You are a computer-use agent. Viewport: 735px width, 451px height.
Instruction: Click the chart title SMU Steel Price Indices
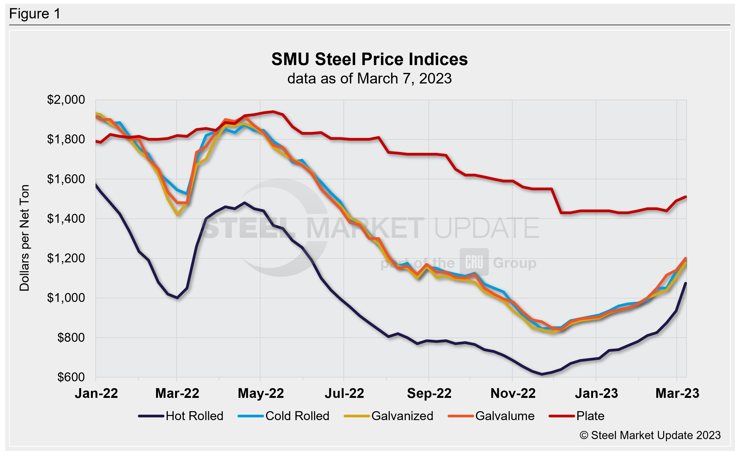369,59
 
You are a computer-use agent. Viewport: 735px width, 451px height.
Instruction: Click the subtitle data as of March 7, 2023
369,79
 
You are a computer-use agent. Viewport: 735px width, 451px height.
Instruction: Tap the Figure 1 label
35,14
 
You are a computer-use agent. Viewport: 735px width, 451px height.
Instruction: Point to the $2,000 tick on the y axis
66,100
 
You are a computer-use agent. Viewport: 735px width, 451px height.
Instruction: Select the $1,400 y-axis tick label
66,219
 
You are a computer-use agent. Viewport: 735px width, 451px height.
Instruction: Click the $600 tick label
71,377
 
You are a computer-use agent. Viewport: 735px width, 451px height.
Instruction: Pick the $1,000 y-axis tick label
66,298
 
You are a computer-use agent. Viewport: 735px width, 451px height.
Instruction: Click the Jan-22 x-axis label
96,394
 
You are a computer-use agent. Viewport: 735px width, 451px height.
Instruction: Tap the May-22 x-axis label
261,394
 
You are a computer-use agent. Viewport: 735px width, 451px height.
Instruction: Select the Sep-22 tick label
429,394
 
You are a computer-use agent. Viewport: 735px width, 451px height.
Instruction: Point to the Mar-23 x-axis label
677,394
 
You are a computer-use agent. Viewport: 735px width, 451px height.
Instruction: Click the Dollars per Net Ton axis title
24,238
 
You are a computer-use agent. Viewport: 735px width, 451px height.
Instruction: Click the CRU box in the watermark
474,262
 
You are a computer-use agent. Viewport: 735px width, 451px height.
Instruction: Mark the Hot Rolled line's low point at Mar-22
178,298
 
